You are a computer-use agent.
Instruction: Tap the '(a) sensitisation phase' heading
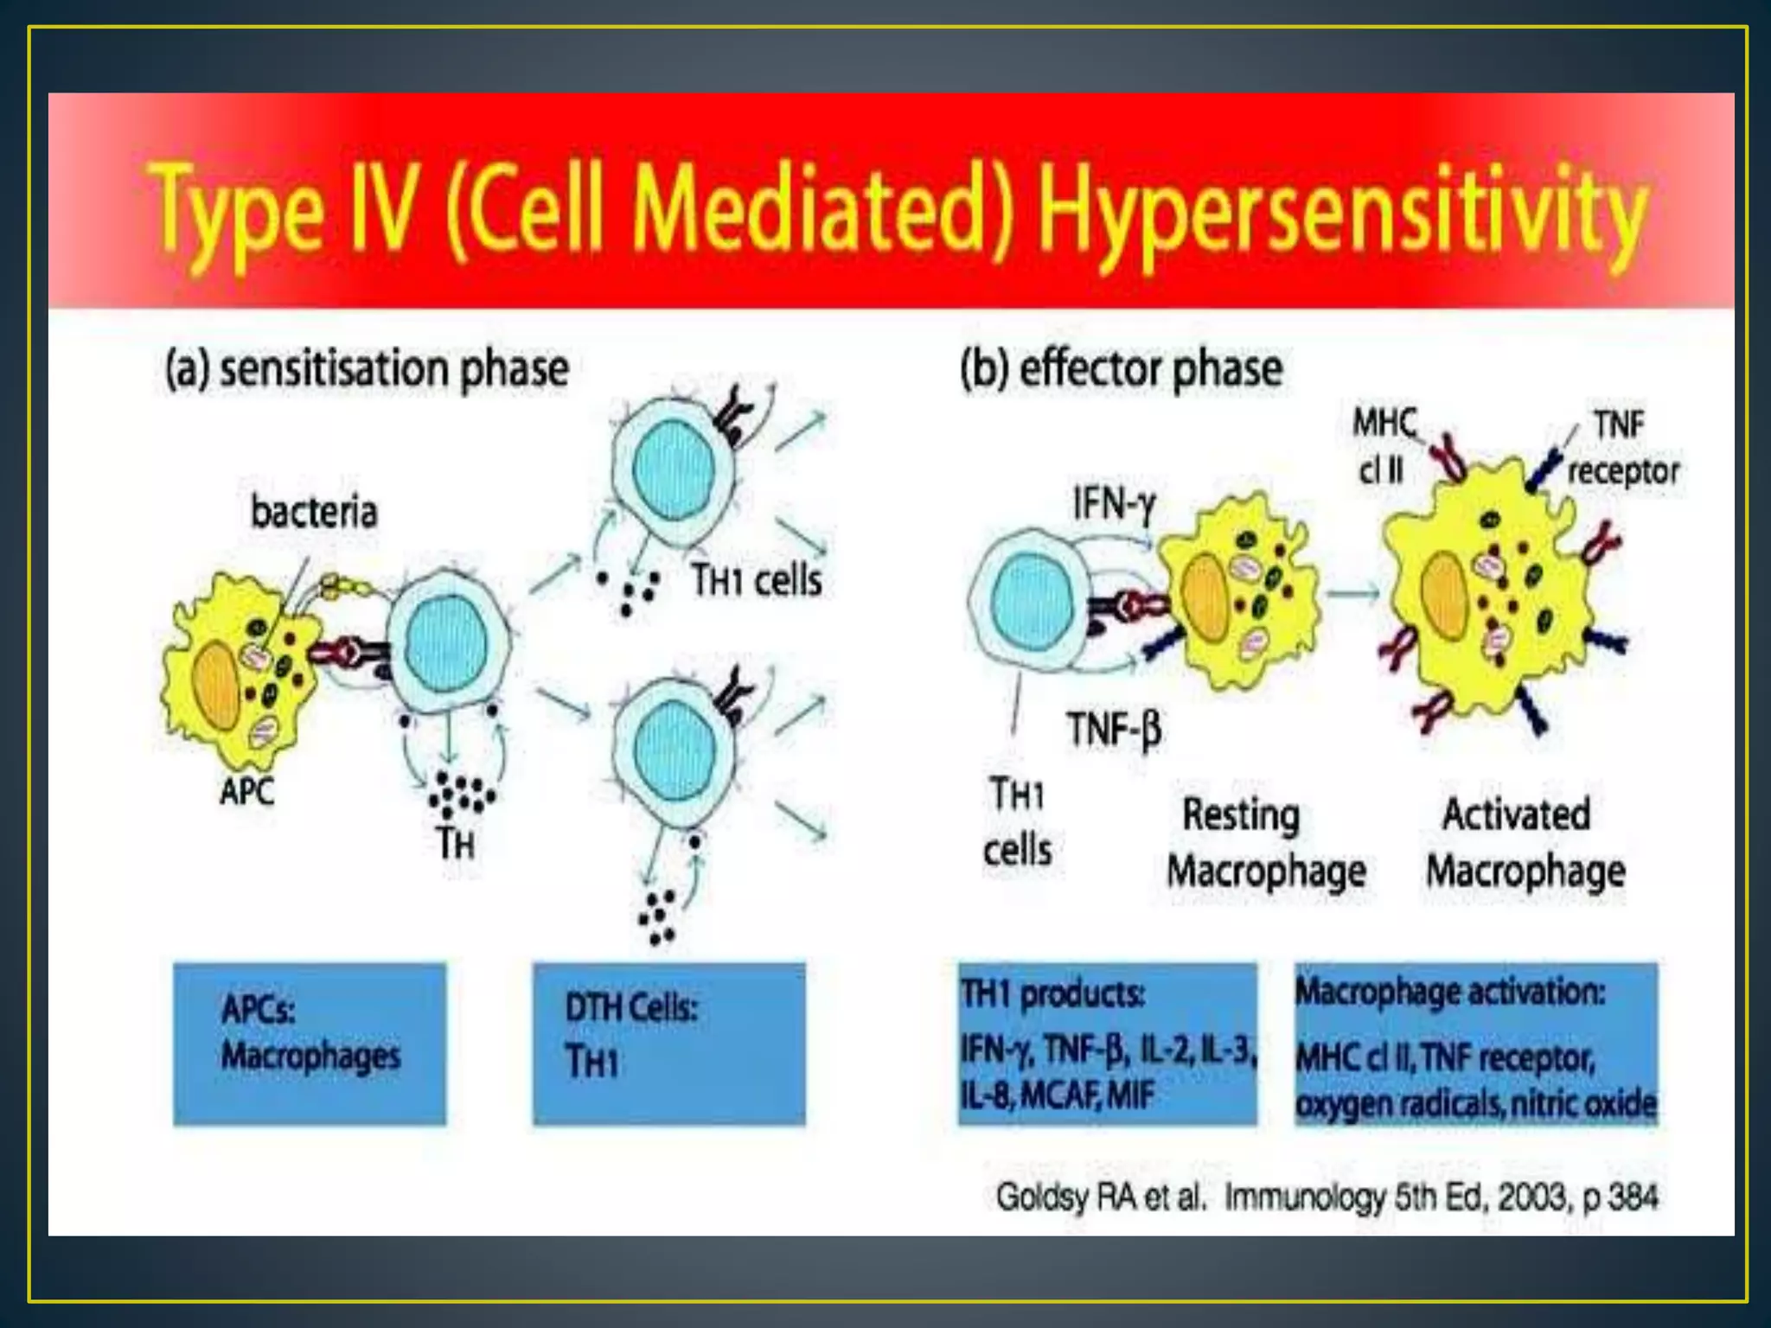coord(367,369)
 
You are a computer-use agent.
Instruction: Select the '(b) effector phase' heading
coord(1122,369)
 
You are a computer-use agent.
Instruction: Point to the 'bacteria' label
coord(314,512)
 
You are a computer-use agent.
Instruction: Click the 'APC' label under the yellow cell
coord(246,791)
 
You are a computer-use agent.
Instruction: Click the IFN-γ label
coord(1114,503)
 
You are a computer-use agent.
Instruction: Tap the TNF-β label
coord(1114,728)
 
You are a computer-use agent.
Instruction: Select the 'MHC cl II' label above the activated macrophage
coord(1384,447)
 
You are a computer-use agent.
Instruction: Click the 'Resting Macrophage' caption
coord(1266,843)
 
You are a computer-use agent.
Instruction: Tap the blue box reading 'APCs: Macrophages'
coord(310,1044)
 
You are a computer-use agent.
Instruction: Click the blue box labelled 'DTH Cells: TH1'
coord(668,1044)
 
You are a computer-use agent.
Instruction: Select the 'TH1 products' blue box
coord(1107,1044)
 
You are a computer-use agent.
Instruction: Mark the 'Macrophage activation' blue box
coord(1475,1044)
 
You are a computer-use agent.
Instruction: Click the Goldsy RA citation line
coord(1327,1197)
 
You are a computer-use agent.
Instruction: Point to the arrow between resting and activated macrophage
coord(1352,593)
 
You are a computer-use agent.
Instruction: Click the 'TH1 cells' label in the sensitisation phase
coord(756,580)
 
